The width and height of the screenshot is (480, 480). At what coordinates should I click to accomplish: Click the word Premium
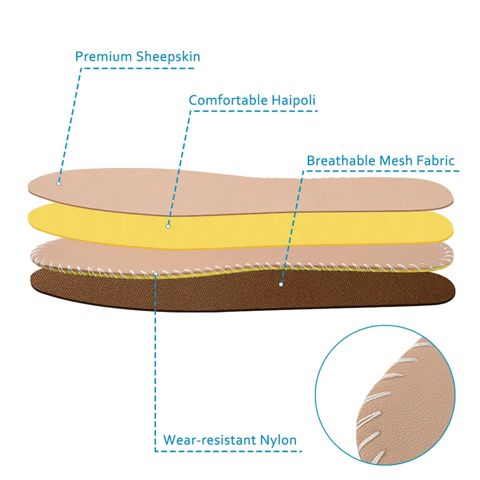[x=103, y=56]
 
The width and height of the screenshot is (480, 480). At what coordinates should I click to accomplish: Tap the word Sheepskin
[x=168, y=56]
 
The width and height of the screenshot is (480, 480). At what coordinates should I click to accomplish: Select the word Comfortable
[x=228, y=100]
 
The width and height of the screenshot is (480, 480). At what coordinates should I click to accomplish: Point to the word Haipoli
[x=293, y=100]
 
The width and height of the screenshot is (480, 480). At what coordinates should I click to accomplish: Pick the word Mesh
[x=395, y=160]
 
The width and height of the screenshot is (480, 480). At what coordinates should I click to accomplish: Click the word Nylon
[x=278, y=440]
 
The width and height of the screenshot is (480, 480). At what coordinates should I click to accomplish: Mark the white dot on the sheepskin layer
[x=59, y=184]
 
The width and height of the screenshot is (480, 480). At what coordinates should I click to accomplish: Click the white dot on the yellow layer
[x=168, y=226]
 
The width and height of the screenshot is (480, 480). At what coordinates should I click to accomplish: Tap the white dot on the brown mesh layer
[x=281, y=284]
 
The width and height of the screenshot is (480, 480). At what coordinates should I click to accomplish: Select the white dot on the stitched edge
[x=155, y=274]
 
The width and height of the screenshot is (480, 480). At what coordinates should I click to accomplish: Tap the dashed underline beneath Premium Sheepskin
[x=139, y=68]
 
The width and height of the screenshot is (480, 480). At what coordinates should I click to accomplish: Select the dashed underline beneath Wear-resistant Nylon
[x=229, y=451]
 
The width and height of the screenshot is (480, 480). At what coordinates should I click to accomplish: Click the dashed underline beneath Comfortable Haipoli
[x=254, y=111]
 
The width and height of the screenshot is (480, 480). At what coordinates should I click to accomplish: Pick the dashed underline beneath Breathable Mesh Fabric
[x=381, y=171]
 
